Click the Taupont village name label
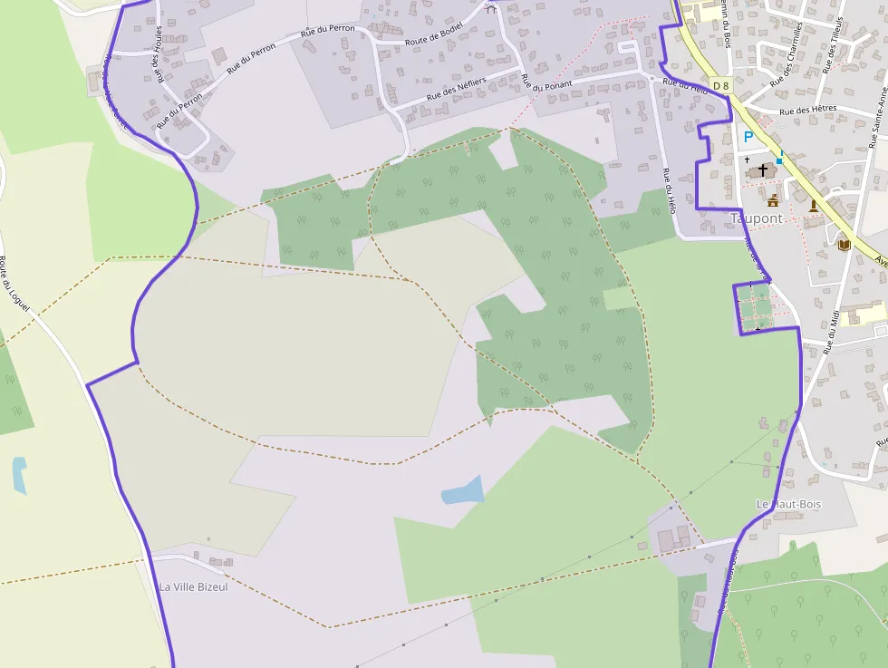coord(756,218)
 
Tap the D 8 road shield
coord(720,85)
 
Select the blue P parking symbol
coord(748,137)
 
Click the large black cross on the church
coord(763,169)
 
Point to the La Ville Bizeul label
coord(194,586)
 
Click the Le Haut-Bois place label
coord(788,504)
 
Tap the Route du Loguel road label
coord(14,285)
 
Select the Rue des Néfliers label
coord(457,89)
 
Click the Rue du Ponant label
coord(546,84)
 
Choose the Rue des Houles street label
coord(160,54)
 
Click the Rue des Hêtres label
coord(807,111)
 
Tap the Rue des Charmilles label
coord(787,56)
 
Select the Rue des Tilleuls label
coord(835,46)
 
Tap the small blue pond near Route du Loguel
coord(19,474)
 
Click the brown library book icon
coord(844,245)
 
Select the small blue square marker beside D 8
coord(778,160)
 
